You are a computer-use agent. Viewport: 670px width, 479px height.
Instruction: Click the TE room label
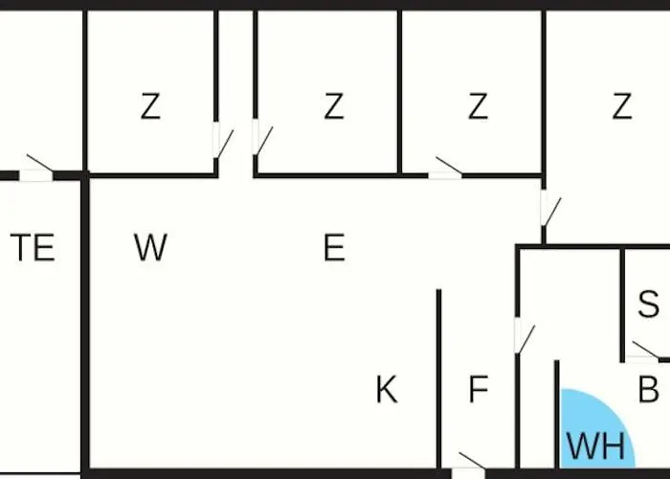(33, 247)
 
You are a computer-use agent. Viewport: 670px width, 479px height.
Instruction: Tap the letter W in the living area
(150, 247)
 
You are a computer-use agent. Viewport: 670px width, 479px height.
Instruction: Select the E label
(335, 247)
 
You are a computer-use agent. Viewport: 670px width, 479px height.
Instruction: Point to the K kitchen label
(387, 389)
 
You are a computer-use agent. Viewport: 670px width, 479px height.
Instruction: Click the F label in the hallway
(479, 389)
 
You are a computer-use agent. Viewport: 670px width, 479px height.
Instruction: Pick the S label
(648, 304)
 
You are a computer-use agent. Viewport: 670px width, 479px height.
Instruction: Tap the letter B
(648, 389)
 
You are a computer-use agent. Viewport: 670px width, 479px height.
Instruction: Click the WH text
(595, 446)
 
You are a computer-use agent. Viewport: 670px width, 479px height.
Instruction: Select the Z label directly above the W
(150, 106)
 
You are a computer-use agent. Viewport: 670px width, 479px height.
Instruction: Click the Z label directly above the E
(334, 106)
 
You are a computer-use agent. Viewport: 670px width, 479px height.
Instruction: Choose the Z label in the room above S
(622, 106)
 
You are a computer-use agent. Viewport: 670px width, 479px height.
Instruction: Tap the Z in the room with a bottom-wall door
(478, 106)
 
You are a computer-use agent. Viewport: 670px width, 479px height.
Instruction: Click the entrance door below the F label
(469, 467)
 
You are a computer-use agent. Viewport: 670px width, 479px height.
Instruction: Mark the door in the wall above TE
(36, 168)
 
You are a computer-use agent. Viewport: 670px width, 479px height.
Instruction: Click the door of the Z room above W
(222, 140)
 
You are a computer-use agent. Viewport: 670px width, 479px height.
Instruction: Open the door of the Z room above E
(261, 137)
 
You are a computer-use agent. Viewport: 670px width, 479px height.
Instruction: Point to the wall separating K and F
(438, 379)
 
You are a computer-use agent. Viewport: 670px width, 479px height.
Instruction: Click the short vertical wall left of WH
(557, 414)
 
